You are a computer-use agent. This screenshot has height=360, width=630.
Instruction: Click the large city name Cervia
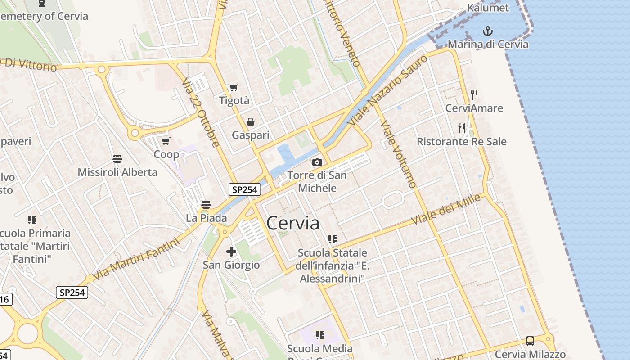tap(293, 223)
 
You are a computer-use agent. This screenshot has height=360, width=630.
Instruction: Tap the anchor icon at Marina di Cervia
tap(487, 31)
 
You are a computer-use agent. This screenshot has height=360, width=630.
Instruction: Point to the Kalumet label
tap(488, 8)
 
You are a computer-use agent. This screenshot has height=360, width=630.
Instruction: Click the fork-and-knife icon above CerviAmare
tap(474, 94)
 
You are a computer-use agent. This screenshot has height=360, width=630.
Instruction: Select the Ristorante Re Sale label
tap(461, 142)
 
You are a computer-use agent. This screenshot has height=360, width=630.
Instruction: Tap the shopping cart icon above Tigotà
tap(234, 87)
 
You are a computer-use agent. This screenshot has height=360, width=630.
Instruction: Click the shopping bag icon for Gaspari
tap(251, 122)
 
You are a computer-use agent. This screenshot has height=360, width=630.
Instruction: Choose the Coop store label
tap(166, 154)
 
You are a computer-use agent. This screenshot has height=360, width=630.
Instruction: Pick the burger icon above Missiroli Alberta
tap(117, 158)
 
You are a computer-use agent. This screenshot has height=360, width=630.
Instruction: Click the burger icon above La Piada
tap(206, 205)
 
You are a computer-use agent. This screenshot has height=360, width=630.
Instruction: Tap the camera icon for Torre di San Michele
tap(317, 162)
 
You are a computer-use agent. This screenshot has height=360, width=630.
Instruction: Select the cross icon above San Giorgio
tap(231, 252)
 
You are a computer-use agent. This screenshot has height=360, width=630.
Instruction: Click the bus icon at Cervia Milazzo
tap(530, 341)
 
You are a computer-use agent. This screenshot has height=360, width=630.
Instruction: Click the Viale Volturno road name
tap(398, 153)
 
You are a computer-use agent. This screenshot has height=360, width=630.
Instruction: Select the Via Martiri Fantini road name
tap(136, 259)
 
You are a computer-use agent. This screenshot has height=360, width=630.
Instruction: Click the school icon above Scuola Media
tap(320, 335)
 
